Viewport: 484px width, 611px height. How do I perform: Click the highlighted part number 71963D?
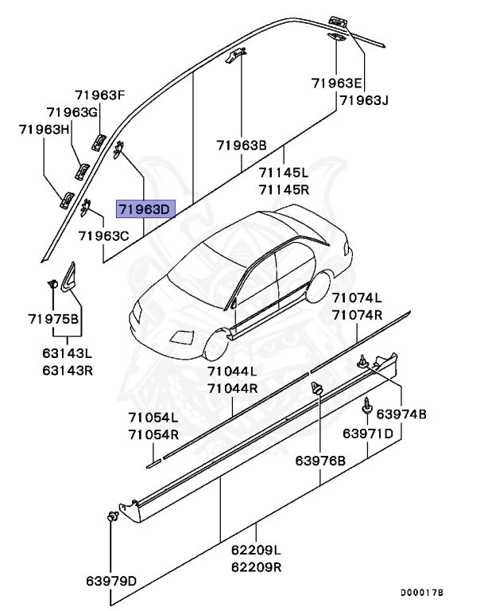pos(144,210)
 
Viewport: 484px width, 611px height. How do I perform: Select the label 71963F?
pos(101,95)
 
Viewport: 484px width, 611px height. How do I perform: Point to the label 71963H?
pos(45,129)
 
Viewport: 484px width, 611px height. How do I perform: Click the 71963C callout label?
pos(103,236)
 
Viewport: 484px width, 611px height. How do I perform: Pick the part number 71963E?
pos(337,83)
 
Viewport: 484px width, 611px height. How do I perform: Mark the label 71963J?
pos(362,100)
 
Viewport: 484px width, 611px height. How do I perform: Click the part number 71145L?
pos(283,173)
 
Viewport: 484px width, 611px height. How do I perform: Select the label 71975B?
pos(54,319)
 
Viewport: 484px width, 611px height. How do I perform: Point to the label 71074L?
pos(357,298)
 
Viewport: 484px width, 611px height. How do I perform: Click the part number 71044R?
pos(232,388)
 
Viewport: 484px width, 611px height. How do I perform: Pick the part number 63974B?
pos(401,414)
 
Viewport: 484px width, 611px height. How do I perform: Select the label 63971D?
pos(368,434)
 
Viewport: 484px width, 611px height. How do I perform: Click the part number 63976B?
pos(320,461)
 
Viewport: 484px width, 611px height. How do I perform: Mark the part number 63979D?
pos(111,580)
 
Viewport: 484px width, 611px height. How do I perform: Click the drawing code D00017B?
pos(422,593)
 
